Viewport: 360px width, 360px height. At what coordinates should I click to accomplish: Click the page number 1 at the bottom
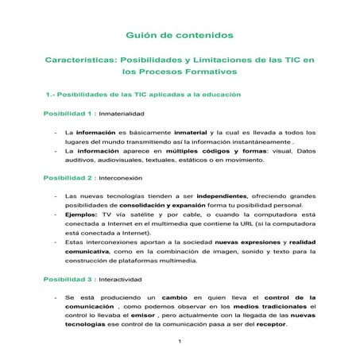[x=180, y=341]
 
